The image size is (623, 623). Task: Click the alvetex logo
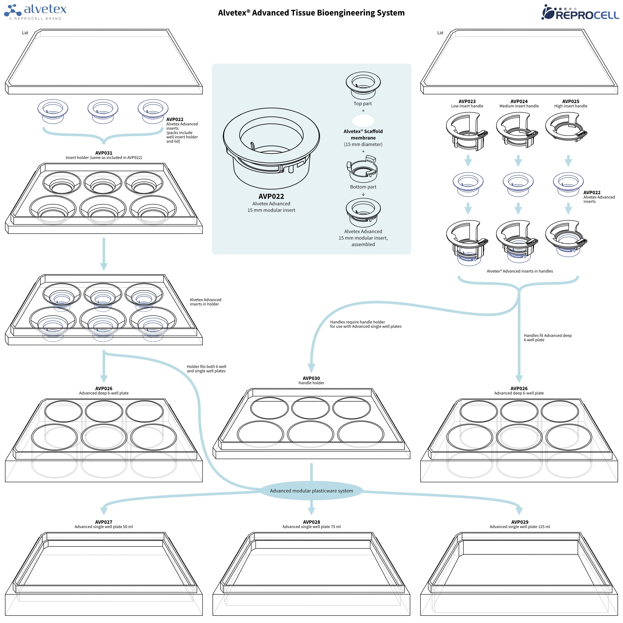36,12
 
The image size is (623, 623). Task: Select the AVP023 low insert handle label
467,103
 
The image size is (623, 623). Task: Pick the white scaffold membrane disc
363,121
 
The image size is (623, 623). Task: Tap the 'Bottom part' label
363,187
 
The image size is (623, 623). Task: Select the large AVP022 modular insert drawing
271,148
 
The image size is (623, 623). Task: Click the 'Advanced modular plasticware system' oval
311,491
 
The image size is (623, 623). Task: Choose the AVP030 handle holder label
311,380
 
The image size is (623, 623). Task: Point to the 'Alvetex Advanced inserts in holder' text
205,302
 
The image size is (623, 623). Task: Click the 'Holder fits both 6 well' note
206,369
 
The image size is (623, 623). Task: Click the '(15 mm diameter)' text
363,144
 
